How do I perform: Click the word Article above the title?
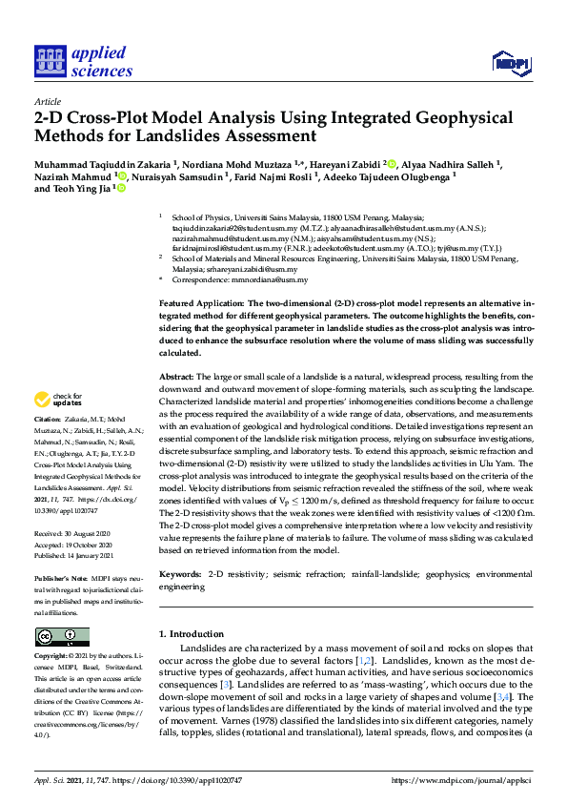tap(48, 100)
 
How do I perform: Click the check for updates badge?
tap(58, 400)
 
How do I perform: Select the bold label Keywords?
tap(180, 575)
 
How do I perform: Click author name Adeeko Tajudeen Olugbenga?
tap(386, 176)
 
